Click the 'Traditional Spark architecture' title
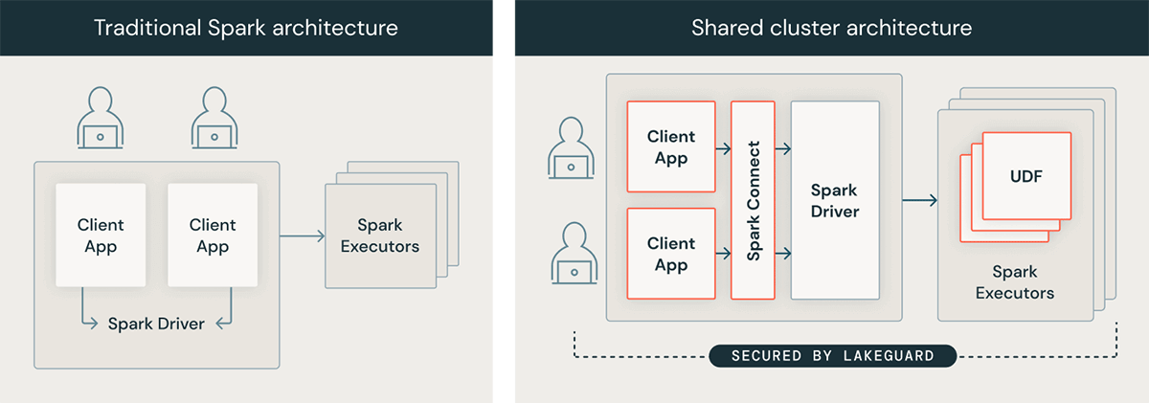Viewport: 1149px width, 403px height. point(246,28)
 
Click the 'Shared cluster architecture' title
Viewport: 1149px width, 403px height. point(831,28)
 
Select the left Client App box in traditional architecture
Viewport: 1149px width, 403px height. point(101,235)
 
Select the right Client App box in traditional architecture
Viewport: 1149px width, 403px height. point(213,235)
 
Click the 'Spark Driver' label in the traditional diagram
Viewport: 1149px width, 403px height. point(156,324)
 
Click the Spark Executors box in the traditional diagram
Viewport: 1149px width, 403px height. point(380,235)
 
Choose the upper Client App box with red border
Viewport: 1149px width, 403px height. point(671,146)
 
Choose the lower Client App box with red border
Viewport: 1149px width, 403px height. point(671,254)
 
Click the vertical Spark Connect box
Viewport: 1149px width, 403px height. point(754,201)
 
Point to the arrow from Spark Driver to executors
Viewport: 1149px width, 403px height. point(919,200)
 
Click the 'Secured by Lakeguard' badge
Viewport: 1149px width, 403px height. point(833,356)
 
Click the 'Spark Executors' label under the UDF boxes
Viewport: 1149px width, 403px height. point(1015,282)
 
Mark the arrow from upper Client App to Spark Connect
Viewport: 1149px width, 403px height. point(724,148)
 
